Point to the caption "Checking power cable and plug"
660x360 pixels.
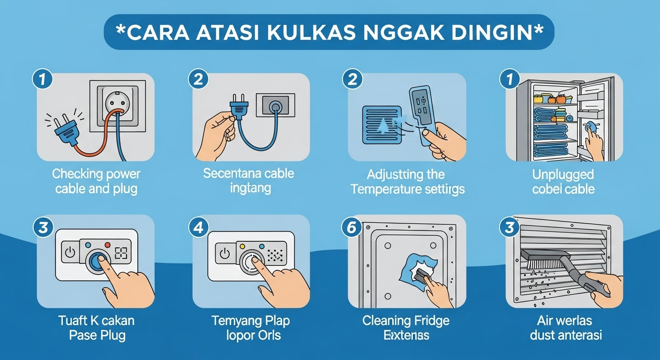pyautogui.click(x=96, y=181)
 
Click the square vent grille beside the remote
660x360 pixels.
pyautogui.click(x=382, y=124)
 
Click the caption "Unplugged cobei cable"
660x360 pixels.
pyautogui.click(x=563, y=182)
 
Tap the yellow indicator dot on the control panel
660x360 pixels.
pyautogui.click(x=242, y=245)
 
